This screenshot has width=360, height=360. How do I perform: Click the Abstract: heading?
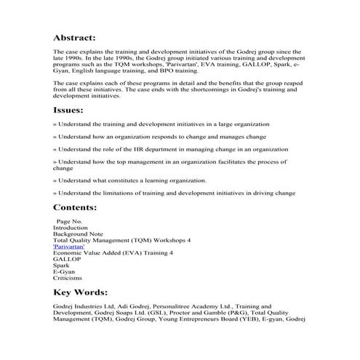[x=74, y=38]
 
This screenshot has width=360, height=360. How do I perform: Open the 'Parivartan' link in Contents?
[x=69, y=247]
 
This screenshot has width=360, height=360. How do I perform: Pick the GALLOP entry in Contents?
[x=66, y=259]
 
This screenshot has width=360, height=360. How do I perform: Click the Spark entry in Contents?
[x=61, y=265]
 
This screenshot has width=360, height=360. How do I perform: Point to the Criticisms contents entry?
[x=68, y=279]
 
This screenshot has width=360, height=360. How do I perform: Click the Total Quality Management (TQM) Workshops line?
[x=121, y=240]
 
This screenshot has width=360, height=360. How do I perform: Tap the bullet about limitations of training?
[x=174, y=193]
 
